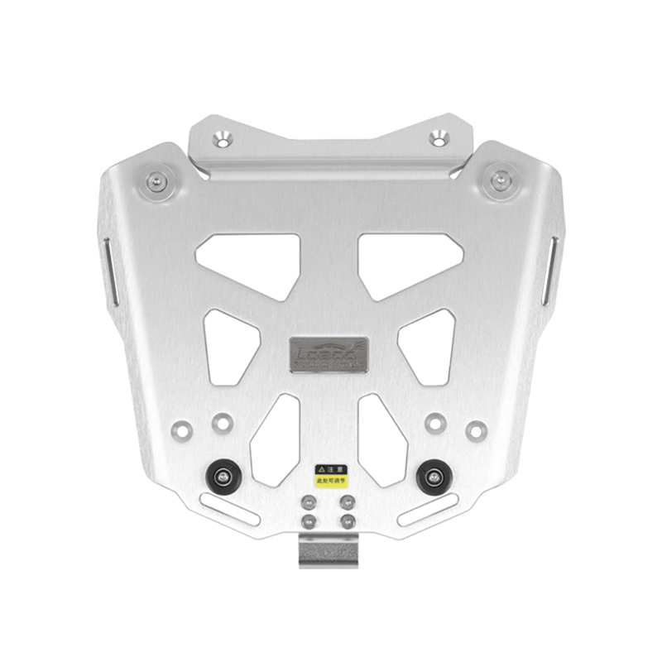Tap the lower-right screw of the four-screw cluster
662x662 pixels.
coord(346,520)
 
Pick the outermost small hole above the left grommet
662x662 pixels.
coord(180,431)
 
